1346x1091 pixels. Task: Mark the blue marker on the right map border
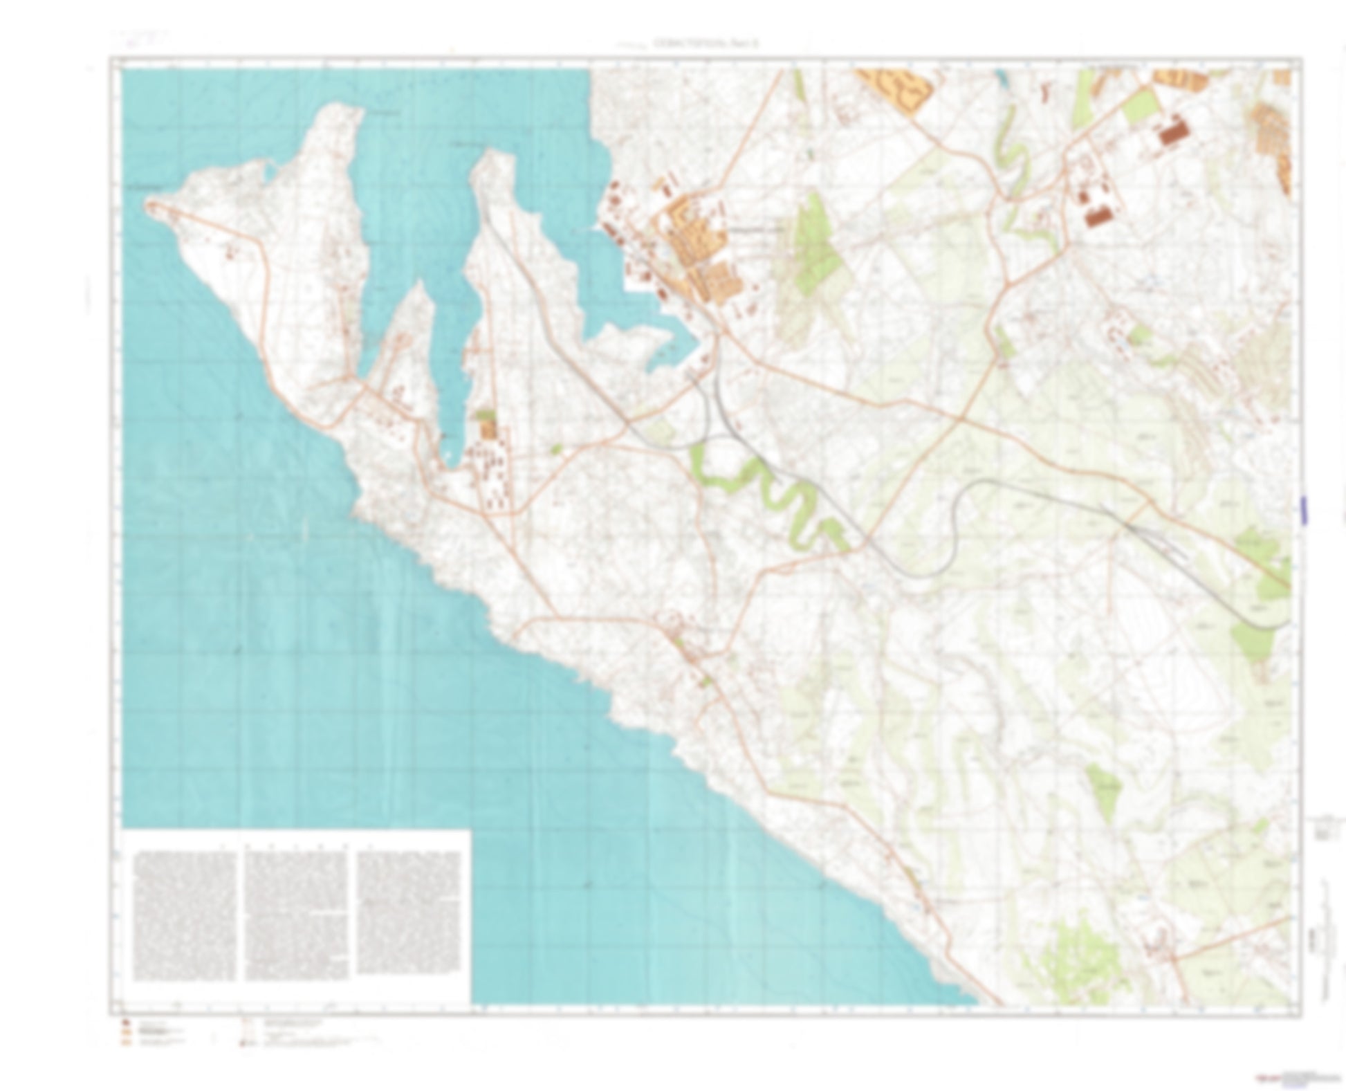pyautogui.click(x=1304, y=509)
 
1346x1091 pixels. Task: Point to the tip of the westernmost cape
pyautogui.click(x=148, y=203)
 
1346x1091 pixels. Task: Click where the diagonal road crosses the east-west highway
pyautogui.click(x=961, y=419)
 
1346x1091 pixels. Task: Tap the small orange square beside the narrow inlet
pyautogui.click(x=489, y=431)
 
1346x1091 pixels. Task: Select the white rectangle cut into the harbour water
pyautogui.click(x=636, y=282)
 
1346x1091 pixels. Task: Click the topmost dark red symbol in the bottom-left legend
pyautogui.click(x=125, y=1023)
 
